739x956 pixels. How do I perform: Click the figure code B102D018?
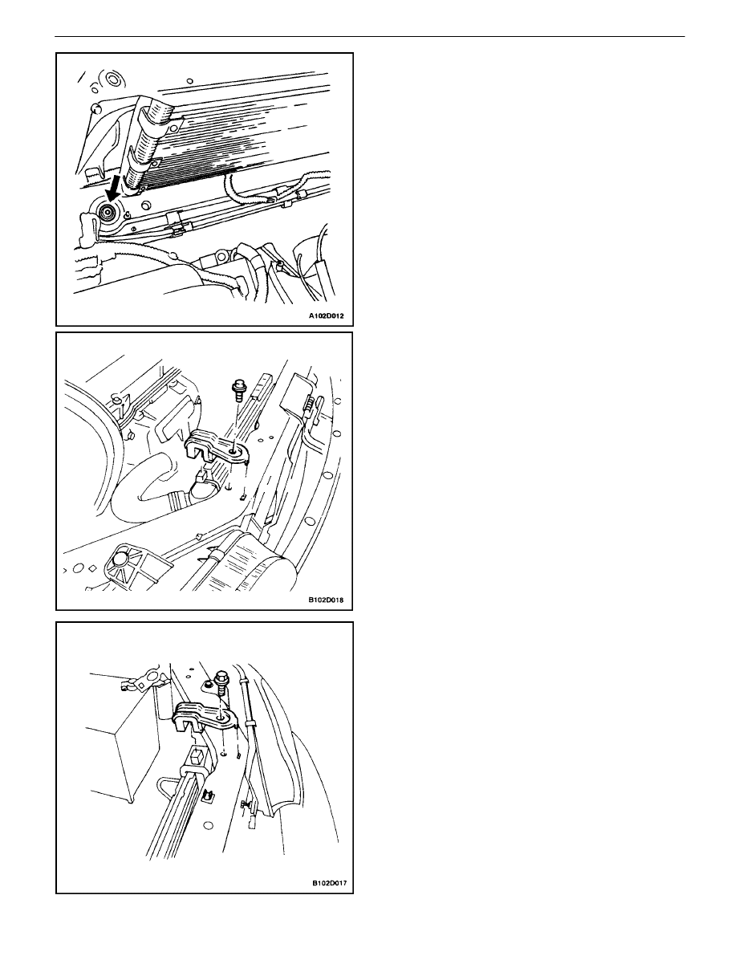[x=325, y=600]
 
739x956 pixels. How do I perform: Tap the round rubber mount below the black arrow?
[x=108, y=214]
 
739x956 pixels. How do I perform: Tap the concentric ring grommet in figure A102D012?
[x=112, y=79]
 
